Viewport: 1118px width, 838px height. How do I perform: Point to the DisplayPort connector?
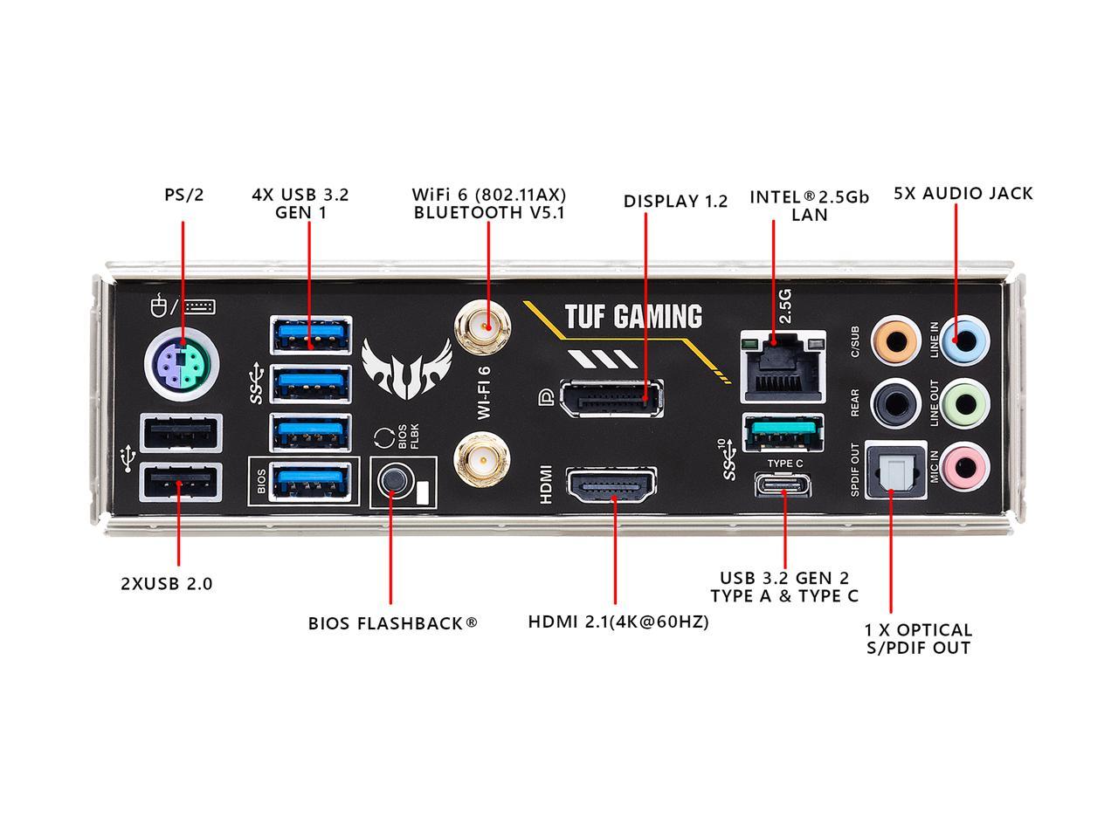coord(611,398)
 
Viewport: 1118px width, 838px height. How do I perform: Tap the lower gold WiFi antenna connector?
coord(483,461)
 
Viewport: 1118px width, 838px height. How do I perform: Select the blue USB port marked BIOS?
coord(311,481)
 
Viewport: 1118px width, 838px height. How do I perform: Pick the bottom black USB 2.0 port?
coord(181,482)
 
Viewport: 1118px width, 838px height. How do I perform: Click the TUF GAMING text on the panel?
coord(632,316)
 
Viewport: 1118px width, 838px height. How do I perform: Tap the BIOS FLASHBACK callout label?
coord(392,623)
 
